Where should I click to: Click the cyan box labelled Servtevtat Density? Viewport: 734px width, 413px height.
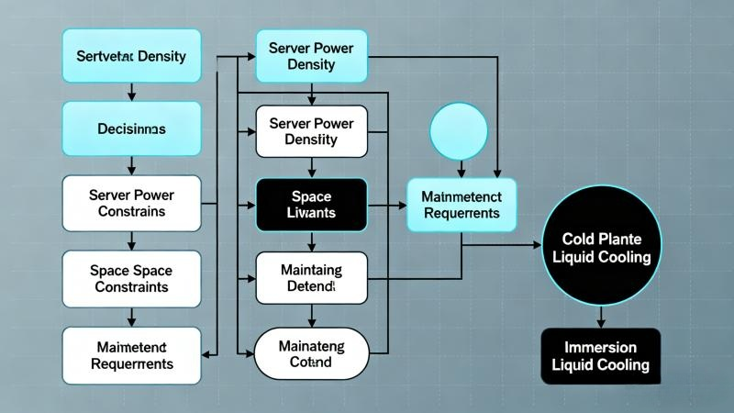click(130, 57)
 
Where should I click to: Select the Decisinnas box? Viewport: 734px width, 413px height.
click(130, 129)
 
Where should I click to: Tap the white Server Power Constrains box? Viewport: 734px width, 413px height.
click(130, 203)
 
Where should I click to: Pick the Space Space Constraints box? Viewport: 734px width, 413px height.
click(130, 277)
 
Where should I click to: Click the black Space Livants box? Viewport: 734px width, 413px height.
click(313, 204)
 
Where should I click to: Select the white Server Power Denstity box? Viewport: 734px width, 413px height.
click(313, 131)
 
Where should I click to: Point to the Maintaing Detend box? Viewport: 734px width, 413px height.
click(313, 278)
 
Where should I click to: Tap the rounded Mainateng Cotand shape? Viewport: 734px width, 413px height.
click(313, 352)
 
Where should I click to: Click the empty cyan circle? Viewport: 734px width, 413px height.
click(459, 130)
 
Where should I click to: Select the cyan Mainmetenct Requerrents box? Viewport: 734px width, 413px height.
click(461, 204)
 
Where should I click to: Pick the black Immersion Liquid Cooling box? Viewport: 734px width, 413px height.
click(600, 356)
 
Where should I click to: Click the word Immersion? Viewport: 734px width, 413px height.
click(600, 347)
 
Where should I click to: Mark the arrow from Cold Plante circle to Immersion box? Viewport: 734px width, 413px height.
click(600, 316)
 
